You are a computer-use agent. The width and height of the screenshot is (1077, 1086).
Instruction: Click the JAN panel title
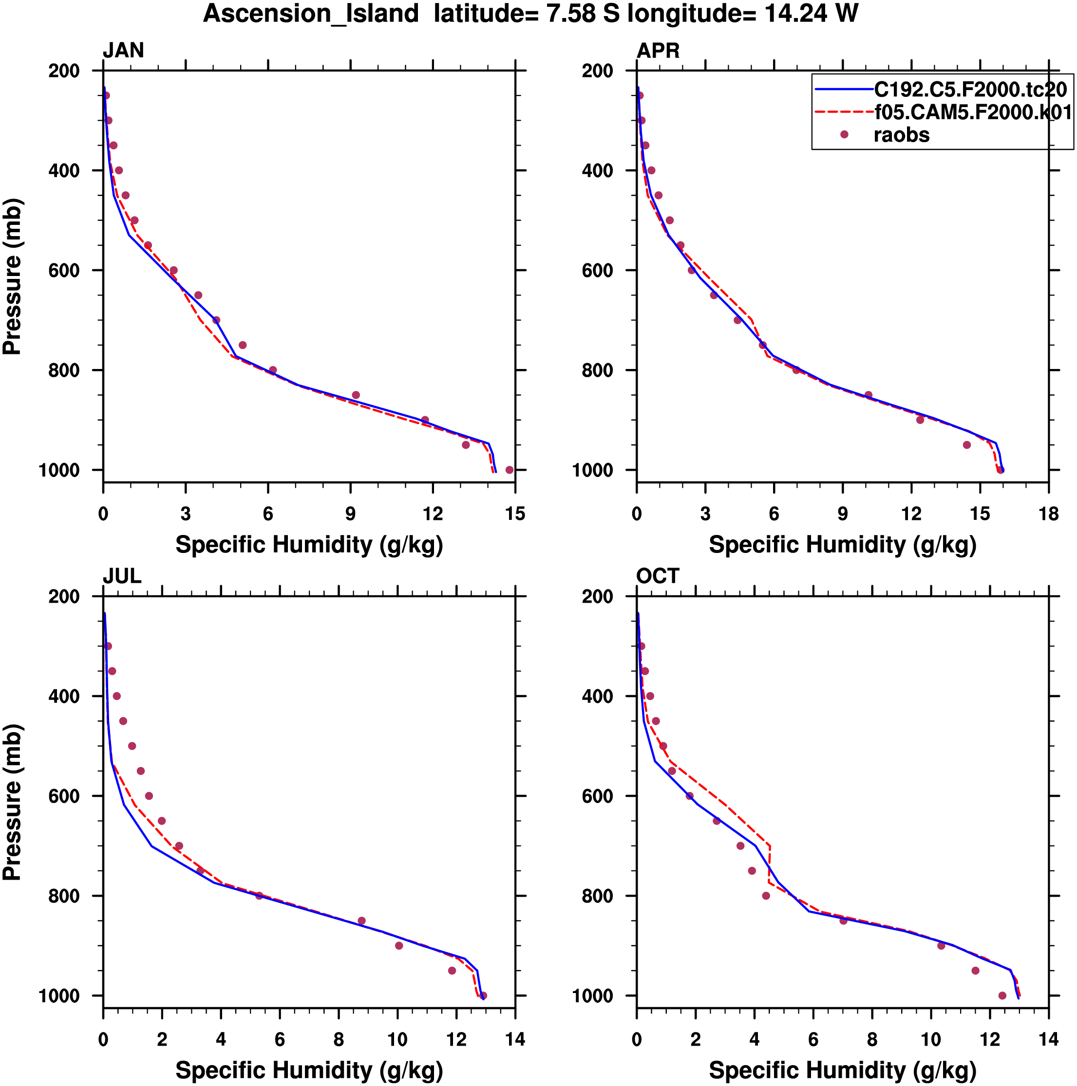pos(123,51)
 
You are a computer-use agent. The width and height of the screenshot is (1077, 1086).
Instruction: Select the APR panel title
pos(658,51)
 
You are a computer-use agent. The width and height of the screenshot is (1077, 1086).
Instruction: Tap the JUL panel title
pos(122,576)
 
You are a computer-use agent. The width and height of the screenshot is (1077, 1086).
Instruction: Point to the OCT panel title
pos(658,576)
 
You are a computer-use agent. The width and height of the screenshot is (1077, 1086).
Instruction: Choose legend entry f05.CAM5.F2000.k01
pos(973,112)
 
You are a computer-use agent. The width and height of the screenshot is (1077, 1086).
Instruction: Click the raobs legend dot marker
pos(844,135)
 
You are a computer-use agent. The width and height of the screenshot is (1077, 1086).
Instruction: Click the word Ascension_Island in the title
pos(311,14)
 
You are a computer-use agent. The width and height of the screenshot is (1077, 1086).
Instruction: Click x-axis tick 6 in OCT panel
pos(813,1039)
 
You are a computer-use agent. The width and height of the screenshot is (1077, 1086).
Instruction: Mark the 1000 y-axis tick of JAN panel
pos(59,470)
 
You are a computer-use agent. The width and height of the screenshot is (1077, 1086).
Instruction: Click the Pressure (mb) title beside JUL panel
pos(12,802)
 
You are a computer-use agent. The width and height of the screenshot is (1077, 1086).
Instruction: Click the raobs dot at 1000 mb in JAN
pos(510,470)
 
